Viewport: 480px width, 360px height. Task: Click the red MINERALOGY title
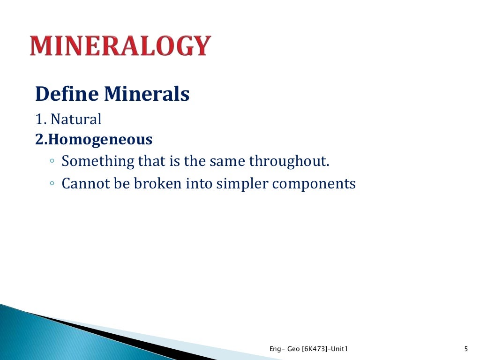(x=120, y=46)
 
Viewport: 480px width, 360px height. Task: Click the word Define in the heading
(x=67, y=94)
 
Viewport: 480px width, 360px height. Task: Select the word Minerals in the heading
(x=146, y=94)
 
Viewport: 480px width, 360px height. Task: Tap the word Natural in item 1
(x=76, y=120)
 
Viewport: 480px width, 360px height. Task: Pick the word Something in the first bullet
(x=98, y=161)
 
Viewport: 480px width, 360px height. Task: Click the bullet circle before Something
(x=52, y=161)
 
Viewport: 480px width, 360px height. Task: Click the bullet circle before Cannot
(x=52, y=183)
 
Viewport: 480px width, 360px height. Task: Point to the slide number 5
(x=465, y=348)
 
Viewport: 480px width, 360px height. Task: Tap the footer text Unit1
(x=341, y=348)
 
